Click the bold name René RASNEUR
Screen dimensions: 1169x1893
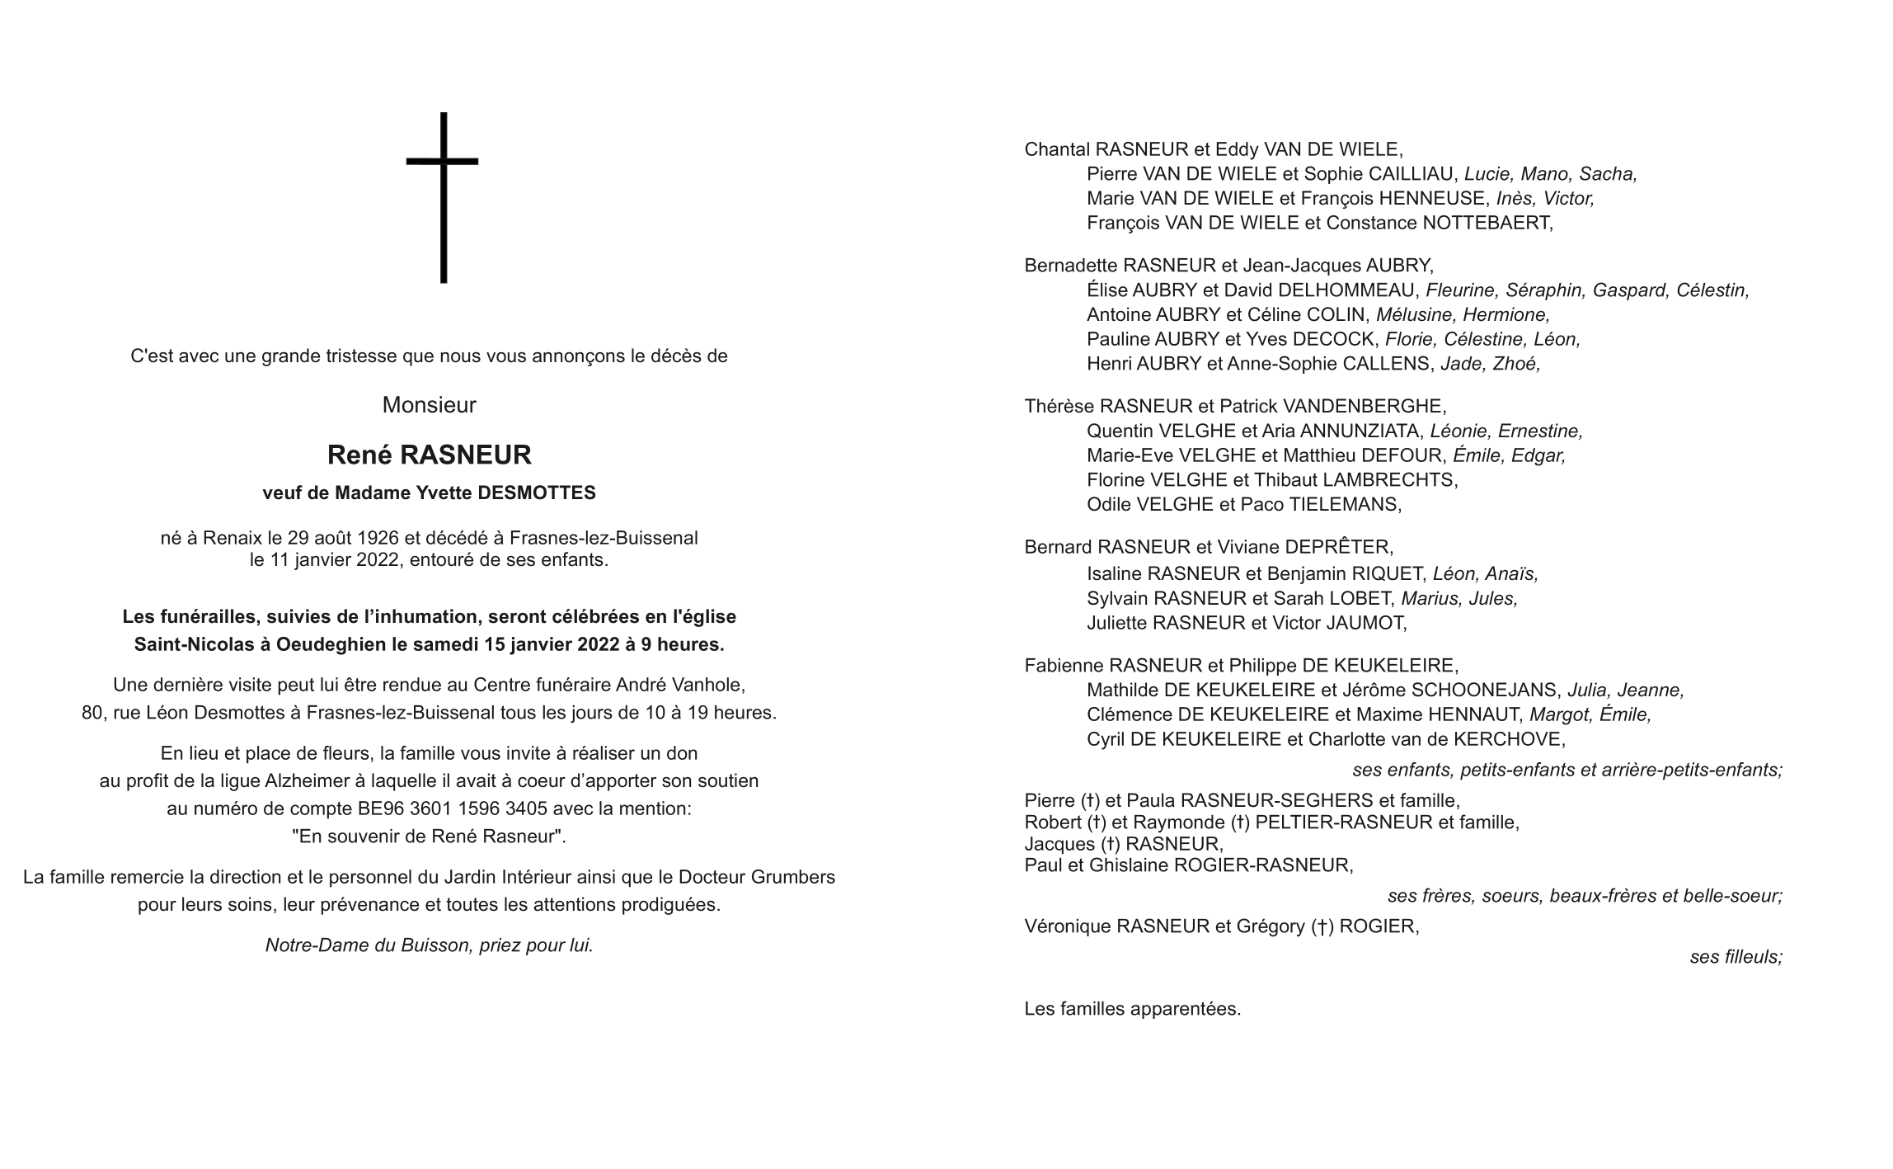click(429, 455)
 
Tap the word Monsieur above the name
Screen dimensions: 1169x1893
click(429, 405)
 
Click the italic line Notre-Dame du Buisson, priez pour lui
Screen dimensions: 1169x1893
click(429, 945)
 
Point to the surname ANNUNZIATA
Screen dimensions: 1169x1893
click(1360, 431)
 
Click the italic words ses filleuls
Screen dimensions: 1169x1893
click(1736, 957)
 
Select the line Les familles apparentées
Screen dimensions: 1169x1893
click(1132, 1009)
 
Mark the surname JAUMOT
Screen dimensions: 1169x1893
click(1365, 623)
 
